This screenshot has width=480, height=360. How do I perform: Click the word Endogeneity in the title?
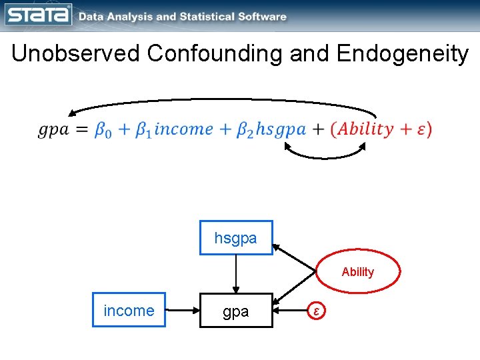(403, 53)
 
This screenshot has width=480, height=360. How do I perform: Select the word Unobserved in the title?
(76, 53)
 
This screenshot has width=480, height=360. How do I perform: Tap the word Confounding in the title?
(216, 53)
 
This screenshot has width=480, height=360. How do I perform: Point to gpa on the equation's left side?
(53, 129)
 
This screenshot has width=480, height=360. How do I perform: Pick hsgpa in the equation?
(281, 129)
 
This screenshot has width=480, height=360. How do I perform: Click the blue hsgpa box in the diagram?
(236, 238)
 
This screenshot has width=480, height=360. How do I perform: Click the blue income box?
(129, 311)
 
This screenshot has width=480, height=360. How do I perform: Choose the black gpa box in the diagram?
(236, 311)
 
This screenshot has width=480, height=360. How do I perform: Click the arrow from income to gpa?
(182, 311)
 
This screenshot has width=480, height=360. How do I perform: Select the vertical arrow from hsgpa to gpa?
(236, 274)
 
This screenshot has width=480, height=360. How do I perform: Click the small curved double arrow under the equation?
(325, 155)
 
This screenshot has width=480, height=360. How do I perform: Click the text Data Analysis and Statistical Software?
(183, 17)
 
